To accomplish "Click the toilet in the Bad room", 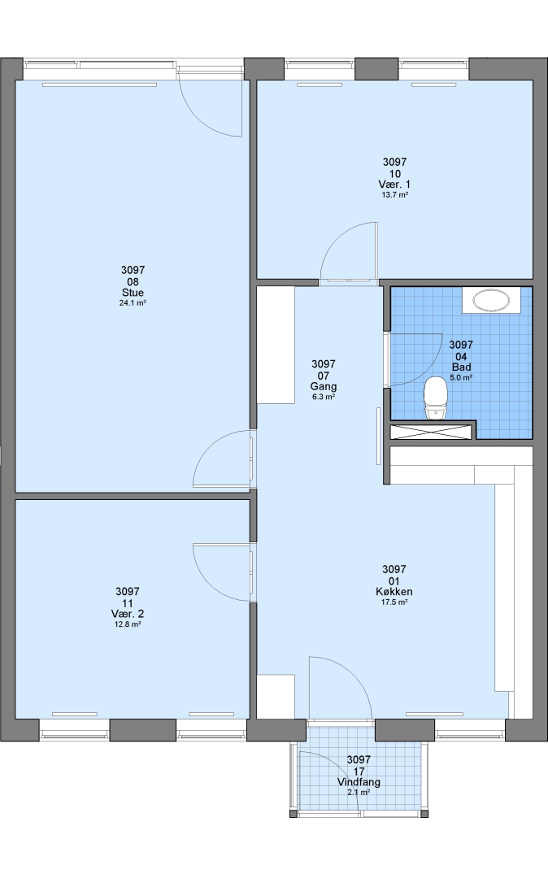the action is [436, 398].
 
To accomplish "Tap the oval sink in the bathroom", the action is [491, 300].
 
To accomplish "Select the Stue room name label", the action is [133, 293].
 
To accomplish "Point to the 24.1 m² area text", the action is [133, 303].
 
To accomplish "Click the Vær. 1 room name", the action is [394, 185].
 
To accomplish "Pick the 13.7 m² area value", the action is [394, 195].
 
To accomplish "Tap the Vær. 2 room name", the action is [127, 614].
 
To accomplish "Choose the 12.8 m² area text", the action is [127, 624].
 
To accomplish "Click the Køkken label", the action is [394, 592].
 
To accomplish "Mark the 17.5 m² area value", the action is [394, 602].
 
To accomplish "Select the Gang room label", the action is [324, 387].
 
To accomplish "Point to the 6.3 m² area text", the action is [324, 398].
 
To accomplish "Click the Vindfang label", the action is [359, 782].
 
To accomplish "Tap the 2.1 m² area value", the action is [359, 793].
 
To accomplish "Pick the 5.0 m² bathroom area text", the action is [461, 378].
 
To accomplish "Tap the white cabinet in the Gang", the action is [276, 345].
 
